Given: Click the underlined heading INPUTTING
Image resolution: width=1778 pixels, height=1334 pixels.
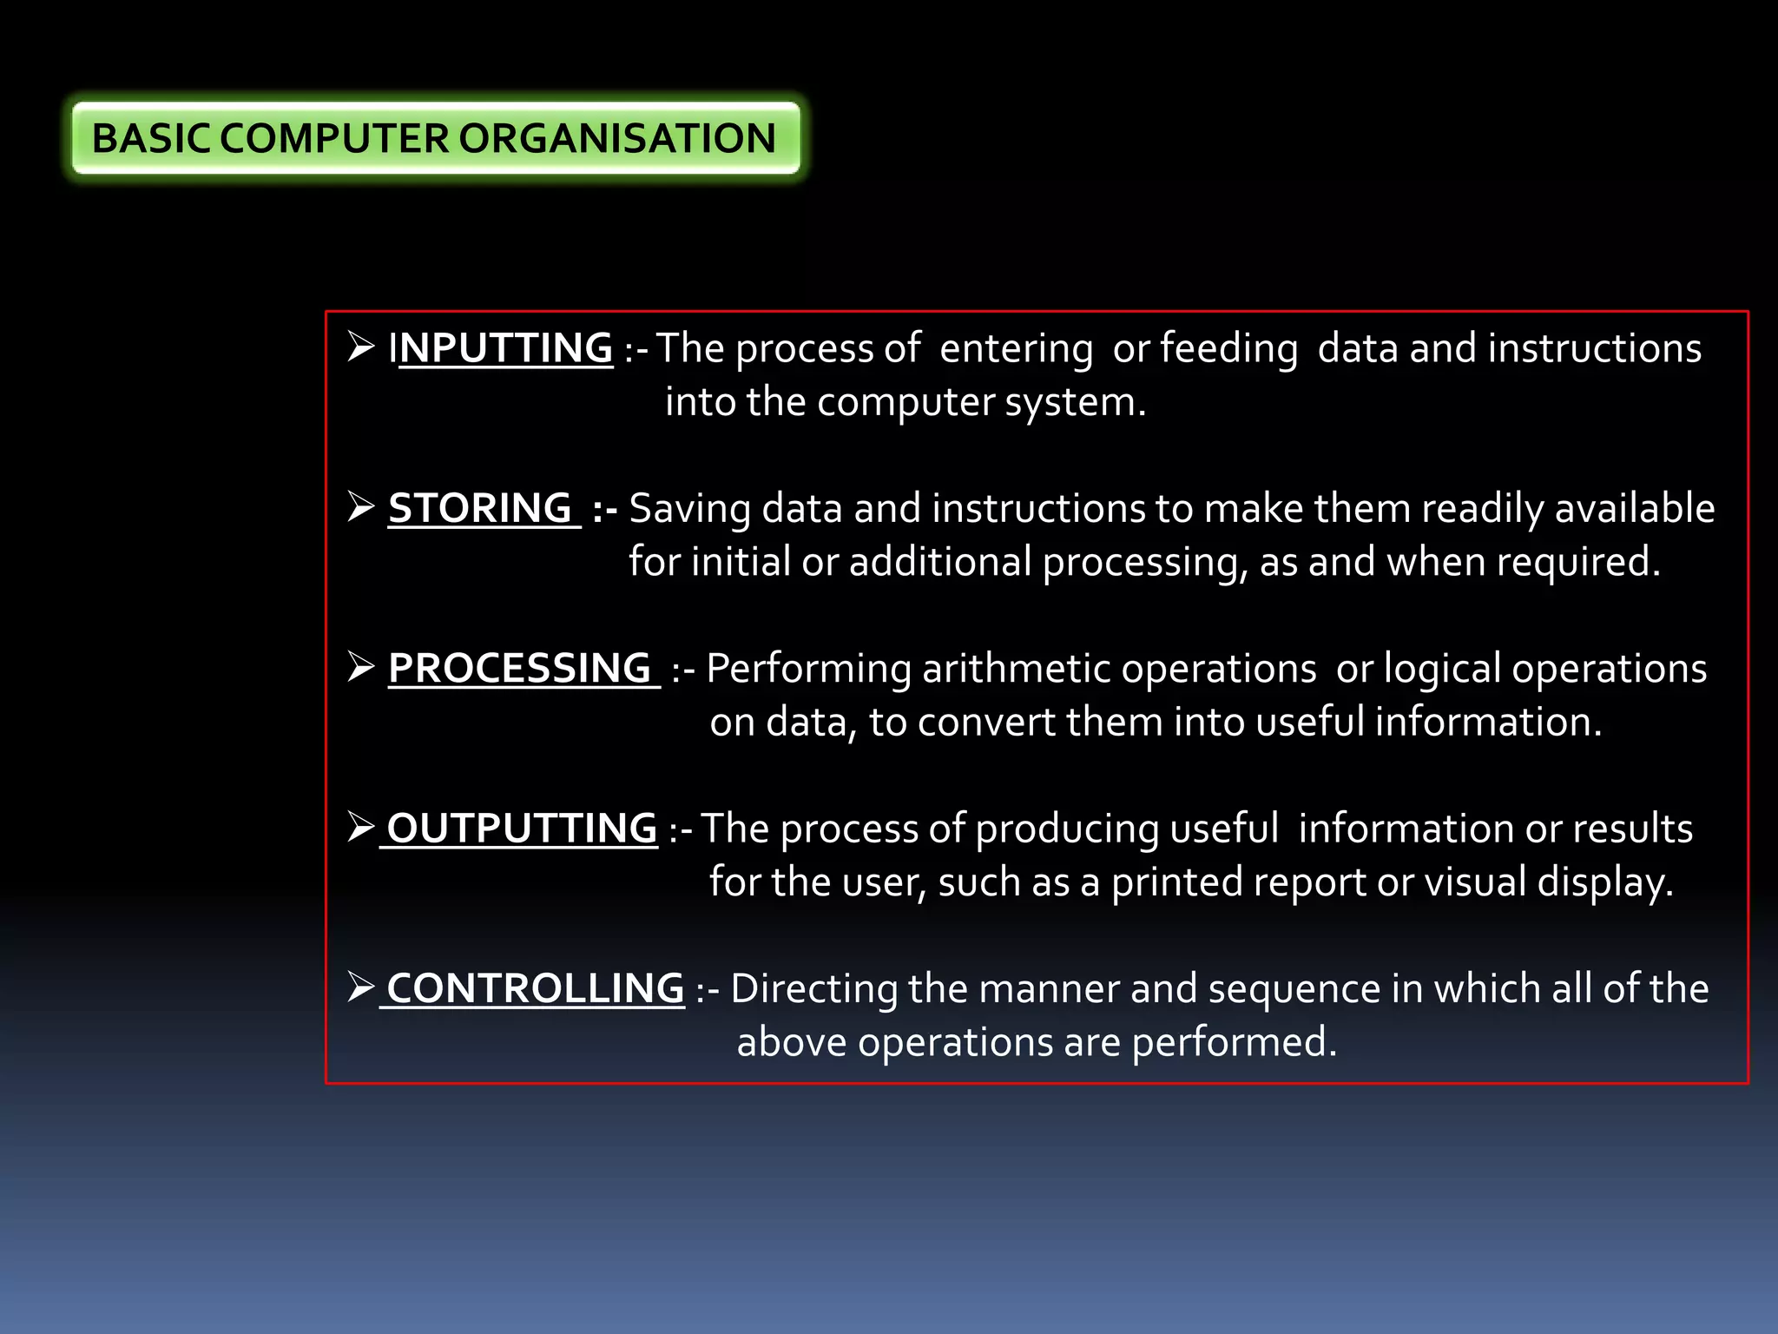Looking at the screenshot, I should pyautogui.click(x=502, y=348).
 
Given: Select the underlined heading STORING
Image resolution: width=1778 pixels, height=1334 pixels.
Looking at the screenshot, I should pyautogui.click(x=480, y=508).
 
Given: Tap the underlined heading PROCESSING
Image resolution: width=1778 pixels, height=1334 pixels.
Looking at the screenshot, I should pyautogui.click(x=520, y=668).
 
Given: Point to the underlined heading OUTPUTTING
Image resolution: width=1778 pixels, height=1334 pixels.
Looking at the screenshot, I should pyautogui.click(x=522, y=828).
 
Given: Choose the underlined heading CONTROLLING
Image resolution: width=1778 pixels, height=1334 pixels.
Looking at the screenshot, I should pyautogui.click(x=535, y=988).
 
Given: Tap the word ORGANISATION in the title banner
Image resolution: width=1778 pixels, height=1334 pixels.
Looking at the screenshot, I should pyautogui.click(x=616, y=139).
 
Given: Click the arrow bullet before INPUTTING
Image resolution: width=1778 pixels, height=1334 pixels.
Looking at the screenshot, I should pyautogui.click(x=360, y=347).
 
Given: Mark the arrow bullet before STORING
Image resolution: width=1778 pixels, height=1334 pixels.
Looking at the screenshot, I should pyautogui.click(x=360, y=506).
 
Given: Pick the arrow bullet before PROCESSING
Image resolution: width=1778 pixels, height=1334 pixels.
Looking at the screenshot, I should pyautogui.click(x=360, y=666).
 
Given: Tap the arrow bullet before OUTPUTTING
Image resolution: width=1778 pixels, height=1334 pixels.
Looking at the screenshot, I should pyautogui.click(x=360, y=826).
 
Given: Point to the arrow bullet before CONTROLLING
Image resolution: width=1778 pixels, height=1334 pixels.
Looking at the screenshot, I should pyautogui.click(x=360, y=987).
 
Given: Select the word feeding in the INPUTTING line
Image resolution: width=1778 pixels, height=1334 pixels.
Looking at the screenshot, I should pyautogui.click(x=1228, y=349).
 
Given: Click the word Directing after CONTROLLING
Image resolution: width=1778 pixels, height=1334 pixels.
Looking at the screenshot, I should pyautogui.click(x=813, y=989).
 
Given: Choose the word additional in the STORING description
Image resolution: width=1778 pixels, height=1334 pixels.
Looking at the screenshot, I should pyautogui.click(x=940, y=562).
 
